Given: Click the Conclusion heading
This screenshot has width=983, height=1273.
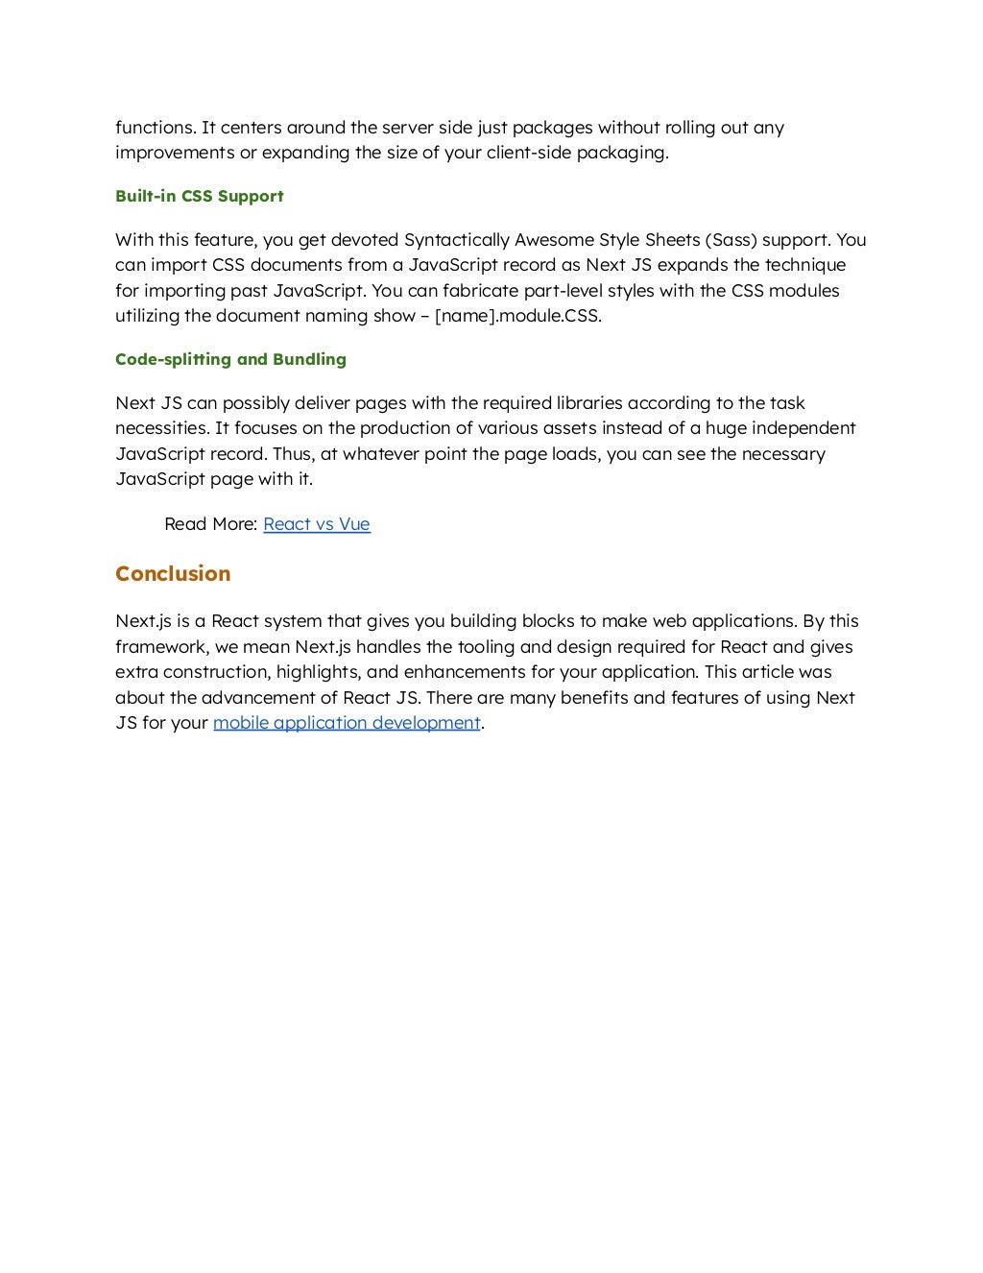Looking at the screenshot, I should (173, 574).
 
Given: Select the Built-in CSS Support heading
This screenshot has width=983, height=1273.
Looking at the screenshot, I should (199, 196).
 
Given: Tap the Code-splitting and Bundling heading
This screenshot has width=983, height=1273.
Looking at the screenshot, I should (230, 359).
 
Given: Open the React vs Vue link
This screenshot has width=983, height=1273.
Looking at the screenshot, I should (316, 524).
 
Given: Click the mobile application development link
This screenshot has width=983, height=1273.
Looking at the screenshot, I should (346, 723).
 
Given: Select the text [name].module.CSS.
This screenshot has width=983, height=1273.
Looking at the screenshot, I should (518, 316).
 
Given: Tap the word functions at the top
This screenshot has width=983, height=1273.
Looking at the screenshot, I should (155, 128).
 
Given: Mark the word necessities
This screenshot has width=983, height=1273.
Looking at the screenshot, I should (158, 428).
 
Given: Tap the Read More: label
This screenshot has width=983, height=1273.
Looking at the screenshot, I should (210, 524).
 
